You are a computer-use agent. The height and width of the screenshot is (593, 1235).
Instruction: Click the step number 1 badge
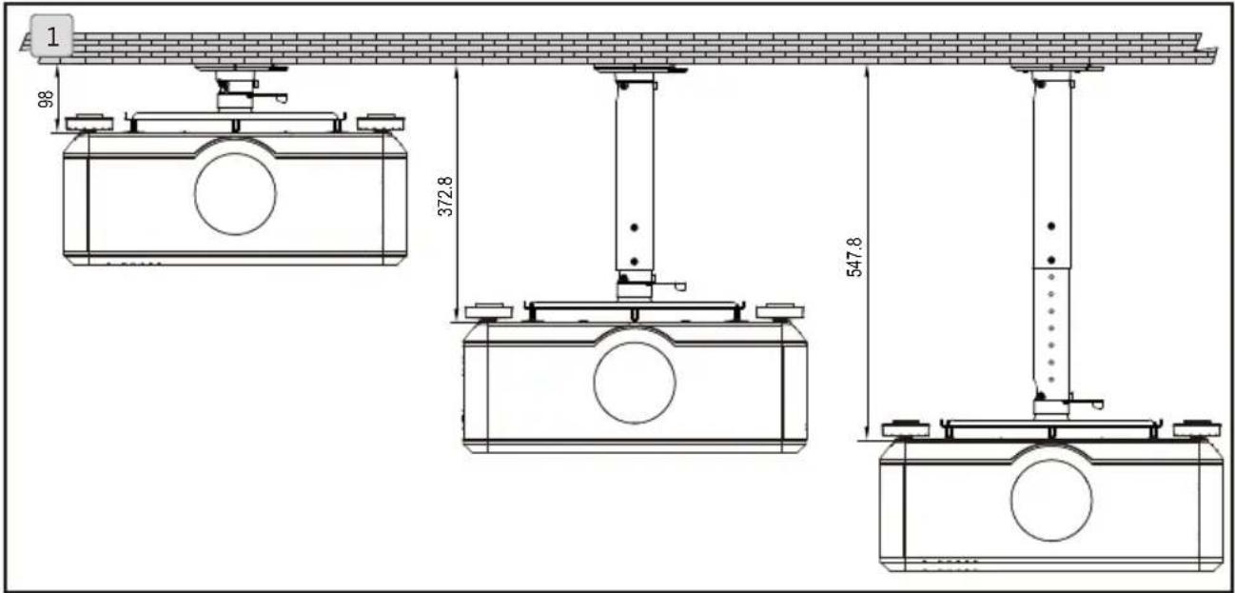pyautogui.click(x=51, y=36)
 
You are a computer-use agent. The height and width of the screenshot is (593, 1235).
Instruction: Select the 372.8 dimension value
pyautogui.click(x=445, y=196)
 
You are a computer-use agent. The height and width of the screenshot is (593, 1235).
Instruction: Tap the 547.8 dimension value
pyautogui.click(x=854, y=257)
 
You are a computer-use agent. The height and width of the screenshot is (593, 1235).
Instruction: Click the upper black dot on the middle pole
pyautogui.click(x=634, y=227)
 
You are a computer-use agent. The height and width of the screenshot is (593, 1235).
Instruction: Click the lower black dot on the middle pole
pyautogui.click(x=634, y=262)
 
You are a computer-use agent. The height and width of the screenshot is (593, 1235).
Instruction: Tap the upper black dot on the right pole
pyautogui.click(x=1051, y=227)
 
